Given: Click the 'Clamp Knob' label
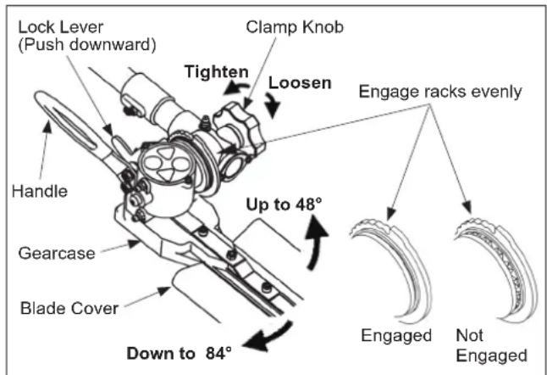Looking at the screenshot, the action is tap(295, 27).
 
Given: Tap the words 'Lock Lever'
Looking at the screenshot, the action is tap(61, 27).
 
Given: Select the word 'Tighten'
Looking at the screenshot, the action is tap(217, 72).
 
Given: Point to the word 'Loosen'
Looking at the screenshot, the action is tap(300, 83).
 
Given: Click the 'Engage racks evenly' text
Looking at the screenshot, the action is tap(440, 92).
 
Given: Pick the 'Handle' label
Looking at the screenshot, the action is tap(40, 191).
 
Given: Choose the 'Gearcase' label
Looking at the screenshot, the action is tap(57, 254).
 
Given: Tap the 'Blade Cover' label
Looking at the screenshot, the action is tap(69, 308).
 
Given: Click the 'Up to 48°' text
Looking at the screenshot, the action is tap(284, 204).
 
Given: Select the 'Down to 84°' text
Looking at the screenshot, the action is tap(179, 353).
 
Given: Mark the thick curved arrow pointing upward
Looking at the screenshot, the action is tap(315, 243).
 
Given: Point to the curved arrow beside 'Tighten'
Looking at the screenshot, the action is tap(237, 87).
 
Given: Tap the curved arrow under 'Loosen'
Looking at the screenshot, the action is tap(271, 105).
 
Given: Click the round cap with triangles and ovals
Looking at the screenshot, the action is tap(165, 163).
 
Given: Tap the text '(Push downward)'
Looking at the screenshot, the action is tap(87, 45).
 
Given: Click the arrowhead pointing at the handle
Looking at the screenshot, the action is tap(47, 126).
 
